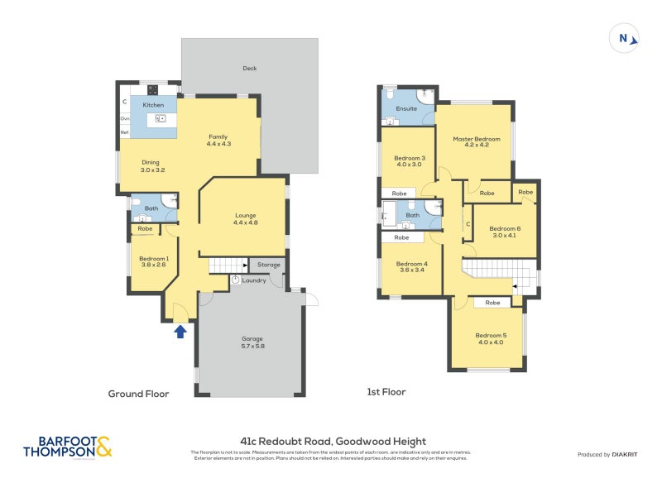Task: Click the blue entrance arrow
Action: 180,332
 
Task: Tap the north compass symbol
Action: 624,38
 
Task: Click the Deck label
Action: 249,69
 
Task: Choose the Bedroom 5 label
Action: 489,337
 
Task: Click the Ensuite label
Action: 406,108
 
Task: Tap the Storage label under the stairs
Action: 269,265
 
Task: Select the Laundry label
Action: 253,280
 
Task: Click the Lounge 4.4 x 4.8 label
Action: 246,218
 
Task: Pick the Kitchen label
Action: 153,106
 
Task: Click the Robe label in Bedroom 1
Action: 145,228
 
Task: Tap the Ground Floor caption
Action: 138,394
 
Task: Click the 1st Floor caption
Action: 386,392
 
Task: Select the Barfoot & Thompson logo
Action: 68,447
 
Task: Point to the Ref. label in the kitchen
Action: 125,132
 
